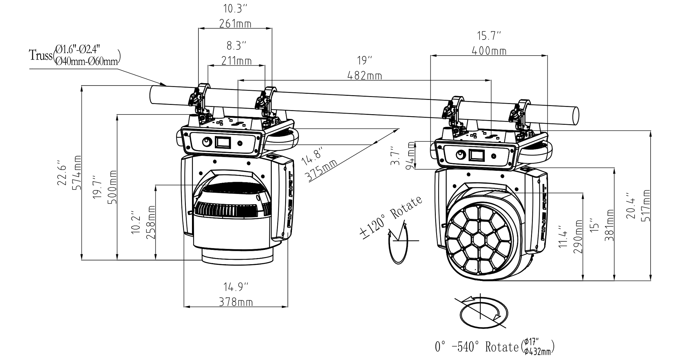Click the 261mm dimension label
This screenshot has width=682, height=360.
tap(235, 24)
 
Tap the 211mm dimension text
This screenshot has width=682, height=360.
tap(237, 61)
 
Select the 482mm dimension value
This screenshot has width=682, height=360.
tap(365, 76)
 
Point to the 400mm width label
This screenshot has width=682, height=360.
tap(489, 51)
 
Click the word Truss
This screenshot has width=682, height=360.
tap(41, 55)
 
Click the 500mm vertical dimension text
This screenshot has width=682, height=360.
tap(112, 187)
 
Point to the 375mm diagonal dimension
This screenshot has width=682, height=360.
tap(321, 170)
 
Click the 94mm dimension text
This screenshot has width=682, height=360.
tap(411, 155)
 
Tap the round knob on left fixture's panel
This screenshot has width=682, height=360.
tap(207, 142)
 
